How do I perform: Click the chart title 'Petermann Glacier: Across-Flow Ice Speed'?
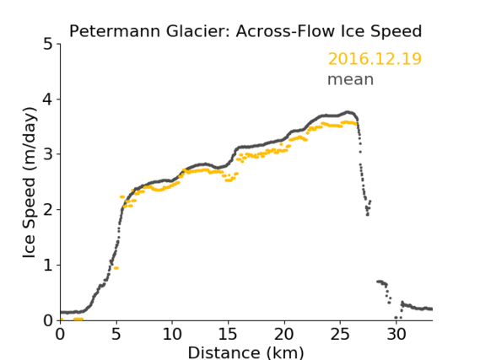tap(245, 31)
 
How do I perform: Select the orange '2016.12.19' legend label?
tap(375, 59)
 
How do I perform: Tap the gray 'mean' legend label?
tap(351, 79)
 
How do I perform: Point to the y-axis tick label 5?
tap(48, 45)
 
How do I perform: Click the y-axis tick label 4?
tap(48, 99)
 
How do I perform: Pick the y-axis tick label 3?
tap(48, 154)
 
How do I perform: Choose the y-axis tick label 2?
tap(48, 210)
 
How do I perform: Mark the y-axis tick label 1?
tap(48, 266)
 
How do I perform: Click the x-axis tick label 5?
tap(116, 334)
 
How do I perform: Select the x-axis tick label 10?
tap(172, 334)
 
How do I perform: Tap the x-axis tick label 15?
tap(228, 334)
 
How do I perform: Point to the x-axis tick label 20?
tap(284, 334)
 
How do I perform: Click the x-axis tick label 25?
tap(340, 334)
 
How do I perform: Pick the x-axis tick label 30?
tap(396, 334)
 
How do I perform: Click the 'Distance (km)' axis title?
tap(245, 353)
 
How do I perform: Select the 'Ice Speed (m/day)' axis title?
tap(30, 183)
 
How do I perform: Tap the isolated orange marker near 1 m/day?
tap(116, 268)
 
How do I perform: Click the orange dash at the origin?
tap(62, 320)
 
